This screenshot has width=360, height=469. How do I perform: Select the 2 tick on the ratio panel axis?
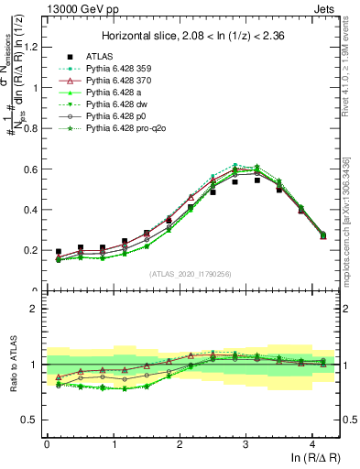[x=38, y=309]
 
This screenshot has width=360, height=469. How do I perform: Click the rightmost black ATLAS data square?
[x=322, y=235]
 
